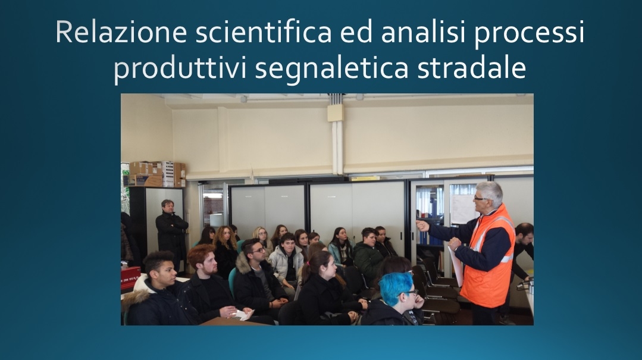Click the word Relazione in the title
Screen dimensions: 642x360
pos(121,32)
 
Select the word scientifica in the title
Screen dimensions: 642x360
pos(263,32)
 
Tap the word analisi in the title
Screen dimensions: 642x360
pos(424,32)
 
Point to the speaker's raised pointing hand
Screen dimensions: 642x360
pos(422,226)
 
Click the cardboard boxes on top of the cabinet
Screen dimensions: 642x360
pos(157,174)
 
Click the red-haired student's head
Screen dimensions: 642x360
pos(202,259)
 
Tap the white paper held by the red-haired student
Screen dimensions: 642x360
pos(243,314)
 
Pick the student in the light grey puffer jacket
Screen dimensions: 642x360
pos(287,262)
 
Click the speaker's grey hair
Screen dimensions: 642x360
pos(491,192)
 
